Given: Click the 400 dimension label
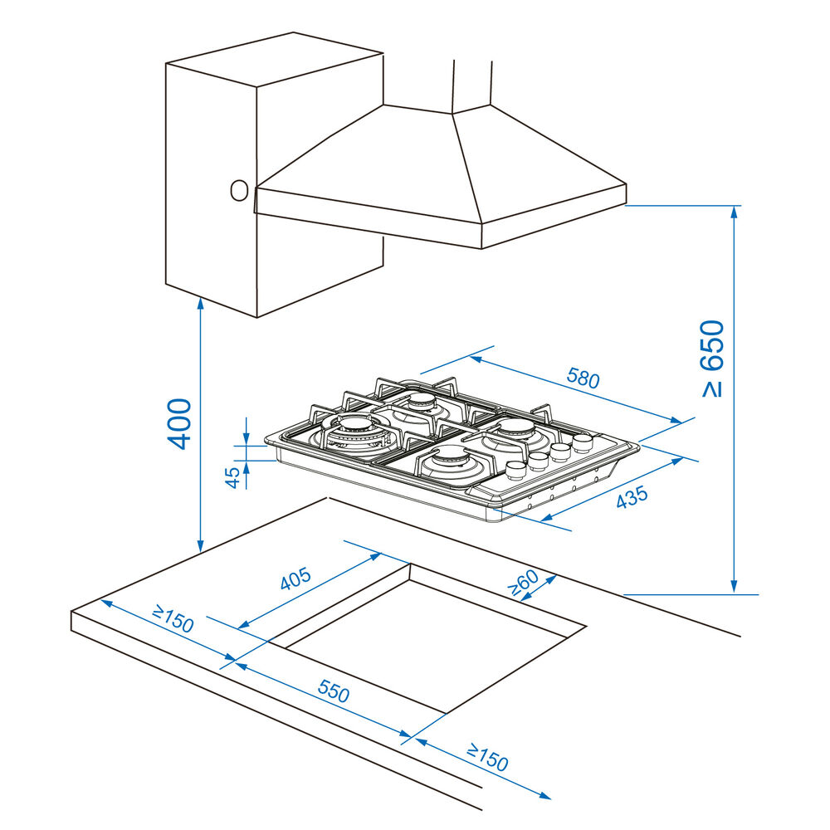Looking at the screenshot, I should pyautogui.click(x=179, y=423).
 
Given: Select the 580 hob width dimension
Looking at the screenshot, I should pyautogui.click(x=583, y=378).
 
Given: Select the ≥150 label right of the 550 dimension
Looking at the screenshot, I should pyautogui.click(x=486, y=758).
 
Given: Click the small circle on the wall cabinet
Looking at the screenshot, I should pyautogui.click(x=239, y=190).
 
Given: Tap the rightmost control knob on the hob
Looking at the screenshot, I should pyautogui.click(x=583, y=440).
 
